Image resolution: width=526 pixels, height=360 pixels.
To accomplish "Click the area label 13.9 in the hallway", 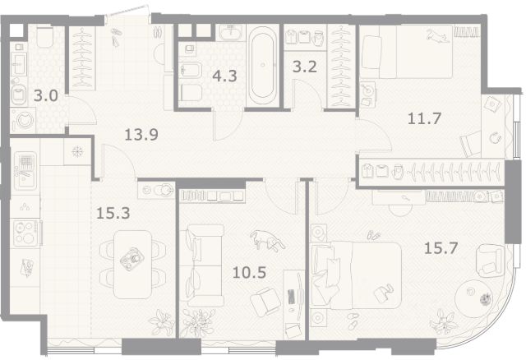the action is pyautogui.click(x=141, y=135).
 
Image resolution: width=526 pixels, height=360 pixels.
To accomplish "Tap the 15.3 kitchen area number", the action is pyautogui.click(x=113, y=213).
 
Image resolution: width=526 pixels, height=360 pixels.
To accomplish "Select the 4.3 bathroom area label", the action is pyautogui.click(x=224, y=76).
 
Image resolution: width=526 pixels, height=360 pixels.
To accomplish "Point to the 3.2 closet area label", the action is pyautogui.click(x=305, y=67).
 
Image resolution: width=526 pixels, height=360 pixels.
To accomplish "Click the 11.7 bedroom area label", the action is pyautogui.click(x=424, y=119).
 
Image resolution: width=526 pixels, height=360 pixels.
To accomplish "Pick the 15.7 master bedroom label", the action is pyautogui.click(x=441, y=248).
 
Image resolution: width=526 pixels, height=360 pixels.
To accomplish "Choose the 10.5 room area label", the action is pyautogui.click(x=249, y=273).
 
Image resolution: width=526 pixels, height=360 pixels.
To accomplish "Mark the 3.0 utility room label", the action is pyautogui.click(x=46, y=96).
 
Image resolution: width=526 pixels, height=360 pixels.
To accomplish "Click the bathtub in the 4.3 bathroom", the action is pyautogui.click(x=263, y=64).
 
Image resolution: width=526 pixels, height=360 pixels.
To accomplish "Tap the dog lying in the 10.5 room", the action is pyautogui.click(x=267, y=240).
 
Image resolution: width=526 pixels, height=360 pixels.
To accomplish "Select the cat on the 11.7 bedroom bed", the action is pyautogui.click(x=437, y=36).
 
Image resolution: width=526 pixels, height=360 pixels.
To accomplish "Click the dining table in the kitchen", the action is pyautogui.click(x=132, y=265).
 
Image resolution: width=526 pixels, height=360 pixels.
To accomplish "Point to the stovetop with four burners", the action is pyautogui.click(x=25, y=233).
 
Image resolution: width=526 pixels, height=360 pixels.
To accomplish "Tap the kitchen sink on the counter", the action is pyautogui.click(x=25, y=171).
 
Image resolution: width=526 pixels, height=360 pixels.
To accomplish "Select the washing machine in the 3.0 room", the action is pyautogui.click(x=24, y=120).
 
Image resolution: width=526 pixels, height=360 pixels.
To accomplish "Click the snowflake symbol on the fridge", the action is pyautogui.click(x=77, y=152).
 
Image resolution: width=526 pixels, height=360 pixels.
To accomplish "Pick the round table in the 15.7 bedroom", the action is pyautogui.click(x=473, y=298).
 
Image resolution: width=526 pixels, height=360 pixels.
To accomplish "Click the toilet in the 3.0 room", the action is pyautogui.click(x=44, y=36).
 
